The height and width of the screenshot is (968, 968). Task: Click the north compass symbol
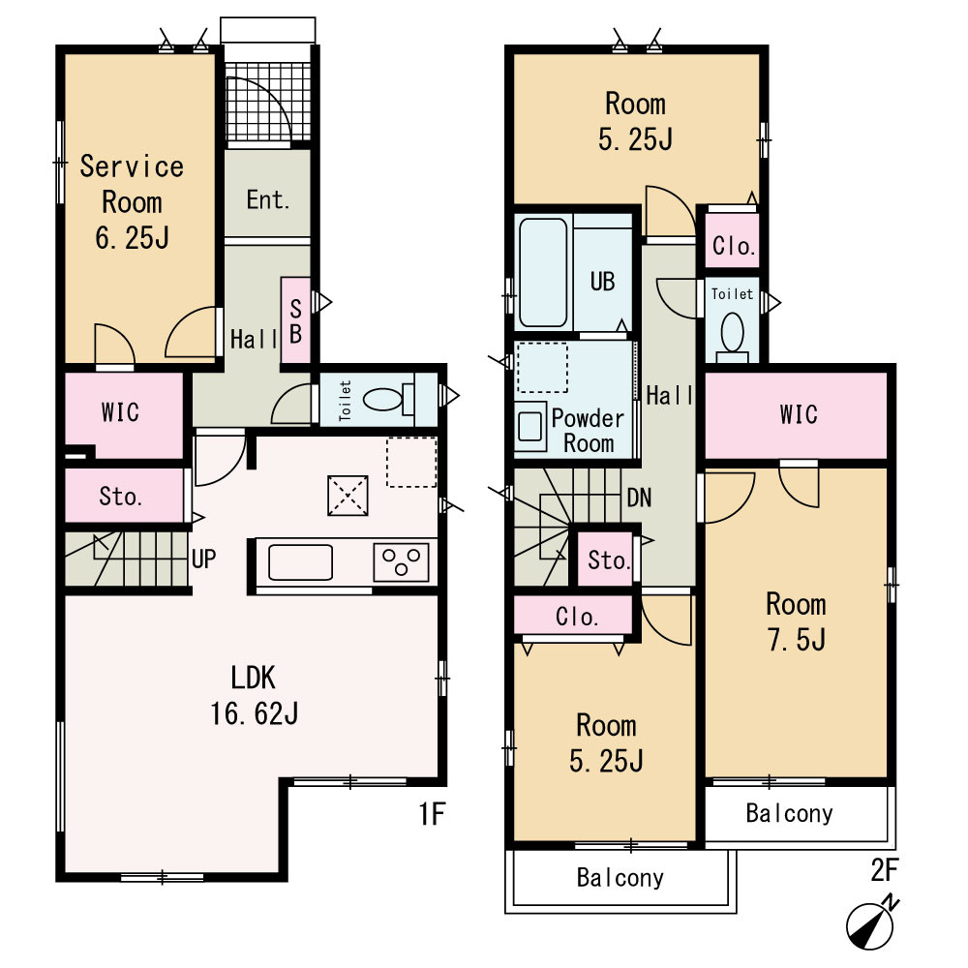(x=870, y=923)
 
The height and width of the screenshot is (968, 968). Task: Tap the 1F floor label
(x=432, y=814)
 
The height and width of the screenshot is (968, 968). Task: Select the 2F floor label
(x=884, y=870)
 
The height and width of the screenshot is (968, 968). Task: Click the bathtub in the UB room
(x=543, y=272)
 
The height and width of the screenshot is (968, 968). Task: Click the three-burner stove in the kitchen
(x=401, y=562)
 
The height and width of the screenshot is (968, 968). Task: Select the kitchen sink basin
(x=300, y=562)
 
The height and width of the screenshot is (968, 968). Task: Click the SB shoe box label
(x=295, y=321)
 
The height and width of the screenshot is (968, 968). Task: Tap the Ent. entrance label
(x=267, y=199)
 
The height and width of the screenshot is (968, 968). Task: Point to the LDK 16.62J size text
(x=255, y=713)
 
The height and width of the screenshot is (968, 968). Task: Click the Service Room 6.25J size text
(x=132, y=238)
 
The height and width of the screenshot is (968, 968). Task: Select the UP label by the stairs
(x=203, y=559)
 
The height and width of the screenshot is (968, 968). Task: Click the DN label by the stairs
(x=639, y=498)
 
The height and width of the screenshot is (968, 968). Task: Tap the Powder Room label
(x=588, y=431)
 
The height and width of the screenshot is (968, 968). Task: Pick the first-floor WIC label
(x=120, y=412)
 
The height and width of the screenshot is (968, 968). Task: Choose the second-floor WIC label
(x=799, y=414)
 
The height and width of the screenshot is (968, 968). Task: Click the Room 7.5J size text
(x=797, y=640)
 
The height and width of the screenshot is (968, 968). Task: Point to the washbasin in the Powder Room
(x=530, y=427)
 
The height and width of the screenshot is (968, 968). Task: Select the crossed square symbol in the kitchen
(x=348, y=495)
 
